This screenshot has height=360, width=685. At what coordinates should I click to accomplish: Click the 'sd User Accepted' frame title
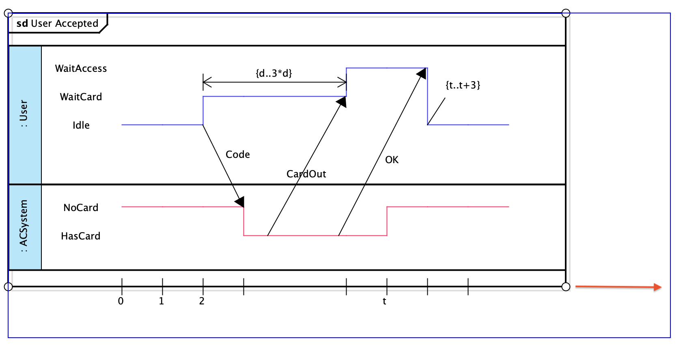[57, 24]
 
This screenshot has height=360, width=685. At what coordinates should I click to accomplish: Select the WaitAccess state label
[81, 69]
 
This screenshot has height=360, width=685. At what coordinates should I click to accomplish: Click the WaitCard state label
[81, 97]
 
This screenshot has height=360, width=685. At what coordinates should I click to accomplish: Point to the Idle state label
[81, 125]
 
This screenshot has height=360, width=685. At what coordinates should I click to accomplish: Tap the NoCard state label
[81, 208]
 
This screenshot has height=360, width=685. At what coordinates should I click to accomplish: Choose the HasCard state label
[81, 236]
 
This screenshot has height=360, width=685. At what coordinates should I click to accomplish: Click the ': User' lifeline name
[24, 113]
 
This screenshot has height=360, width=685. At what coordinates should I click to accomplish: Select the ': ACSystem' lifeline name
[24, 226]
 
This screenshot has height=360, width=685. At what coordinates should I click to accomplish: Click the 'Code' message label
[238, 155]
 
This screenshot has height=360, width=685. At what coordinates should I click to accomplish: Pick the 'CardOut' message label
[306, 174]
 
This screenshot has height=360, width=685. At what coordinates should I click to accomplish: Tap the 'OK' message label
[392, 160]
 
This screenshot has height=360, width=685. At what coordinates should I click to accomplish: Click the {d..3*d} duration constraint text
[274, 73]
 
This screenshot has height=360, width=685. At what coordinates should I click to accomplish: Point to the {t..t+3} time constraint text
[463, 85]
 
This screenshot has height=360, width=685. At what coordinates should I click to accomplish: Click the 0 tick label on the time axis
[121, 301]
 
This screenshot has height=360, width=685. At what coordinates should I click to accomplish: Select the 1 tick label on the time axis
[162, 301]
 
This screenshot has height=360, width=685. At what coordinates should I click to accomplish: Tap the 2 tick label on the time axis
[202, 301]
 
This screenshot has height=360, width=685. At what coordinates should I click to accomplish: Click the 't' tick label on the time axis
[385, 302]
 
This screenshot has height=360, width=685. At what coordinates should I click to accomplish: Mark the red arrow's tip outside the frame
[661, 287]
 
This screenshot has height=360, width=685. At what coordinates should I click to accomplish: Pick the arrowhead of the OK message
[422, 73]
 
